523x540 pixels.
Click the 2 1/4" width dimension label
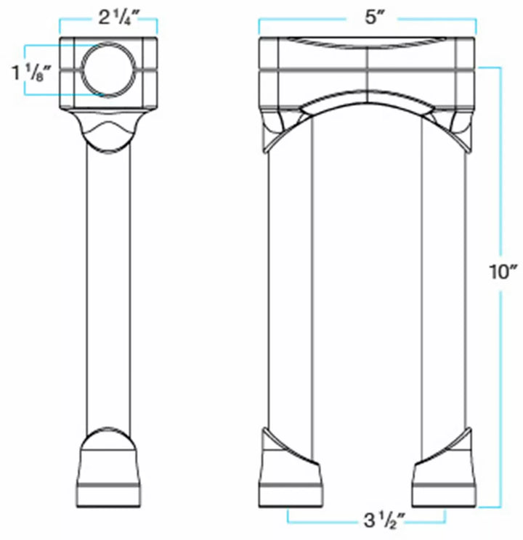tap(118, 18)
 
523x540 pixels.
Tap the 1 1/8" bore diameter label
tap(31, 73)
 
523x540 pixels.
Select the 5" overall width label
tap(373, 17)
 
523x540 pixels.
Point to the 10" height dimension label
tap(503, 272)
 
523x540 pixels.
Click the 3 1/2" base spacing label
tap(384, 520)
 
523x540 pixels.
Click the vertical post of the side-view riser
tap(109, 290)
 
